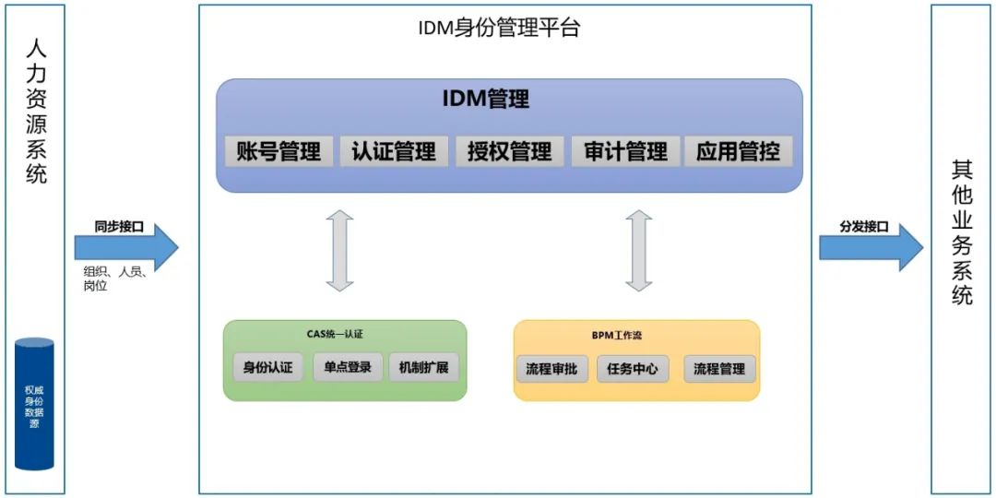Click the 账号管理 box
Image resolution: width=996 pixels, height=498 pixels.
click(279, 151)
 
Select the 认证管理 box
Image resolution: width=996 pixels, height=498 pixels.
click(394, 151)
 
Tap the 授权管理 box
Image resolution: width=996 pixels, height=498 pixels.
click(509, 151)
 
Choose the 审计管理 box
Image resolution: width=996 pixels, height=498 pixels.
click(625, 151)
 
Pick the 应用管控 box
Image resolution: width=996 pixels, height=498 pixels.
click(738, 151)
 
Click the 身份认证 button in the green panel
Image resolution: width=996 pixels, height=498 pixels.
click(267, 368)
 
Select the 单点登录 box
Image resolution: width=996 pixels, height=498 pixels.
click(348, 368)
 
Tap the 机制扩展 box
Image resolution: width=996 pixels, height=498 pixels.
click(423, 368)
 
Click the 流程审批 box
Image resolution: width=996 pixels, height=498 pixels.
click(551, 369)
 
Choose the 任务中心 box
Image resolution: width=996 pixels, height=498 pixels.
click(633, 369)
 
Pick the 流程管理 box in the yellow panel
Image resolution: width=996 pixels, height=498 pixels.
click(719, 369)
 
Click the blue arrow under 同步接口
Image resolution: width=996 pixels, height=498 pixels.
click(126, 246)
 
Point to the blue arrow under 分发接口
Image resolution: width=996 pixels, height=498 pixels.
click(871, 246)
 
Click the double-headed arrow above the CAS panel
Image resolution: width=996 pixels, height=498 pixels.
click(339, 251)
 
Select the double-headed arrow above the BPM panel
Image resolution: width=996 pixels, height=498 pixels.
click(638, 251)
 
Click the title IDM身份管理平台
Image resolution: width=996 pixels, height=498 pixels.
click(499, 28)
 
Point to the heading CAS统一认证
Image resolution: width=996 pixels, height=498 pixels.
click(341, 334)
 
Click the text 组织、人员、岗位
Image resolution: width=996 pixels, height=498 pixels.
click(115, 279)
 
